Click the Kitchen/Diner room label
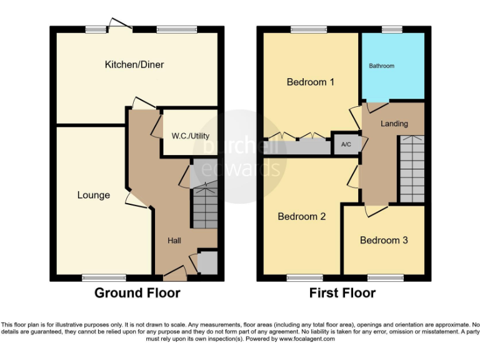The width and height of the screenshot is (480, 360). point(134,64)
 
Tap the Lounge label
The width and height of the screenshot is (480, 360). point(94,195)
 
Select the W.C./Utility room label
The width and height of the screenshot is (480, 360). point(191,136)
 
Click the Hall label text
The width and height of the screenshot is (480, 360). point(174,240)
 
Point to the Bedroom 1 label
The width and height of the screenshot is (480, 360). point(306,82)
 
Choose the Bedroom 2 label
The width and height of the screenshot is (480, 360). point(302,217)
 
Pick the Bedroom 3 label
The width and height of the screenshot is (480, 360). point(384,240)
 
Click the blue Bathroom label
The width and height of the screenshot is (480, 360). point(381,66)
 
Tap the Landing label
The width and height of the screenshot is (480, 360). point(394,124)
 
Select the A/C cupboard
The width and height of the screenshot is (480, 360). point(346,144)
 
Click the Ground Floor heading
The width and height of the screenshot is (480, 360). point(137,292)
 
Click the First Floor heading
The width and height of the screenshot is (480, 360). point(342,292)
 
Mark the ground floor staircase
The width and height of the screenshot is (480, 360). point(204,206)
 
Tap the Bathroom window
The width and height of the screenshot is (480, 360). point(392,29)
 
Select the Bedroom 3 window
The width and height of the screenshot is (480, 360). point(385,277)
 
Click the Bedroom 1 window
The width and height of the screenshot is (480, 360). point(304,29)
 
